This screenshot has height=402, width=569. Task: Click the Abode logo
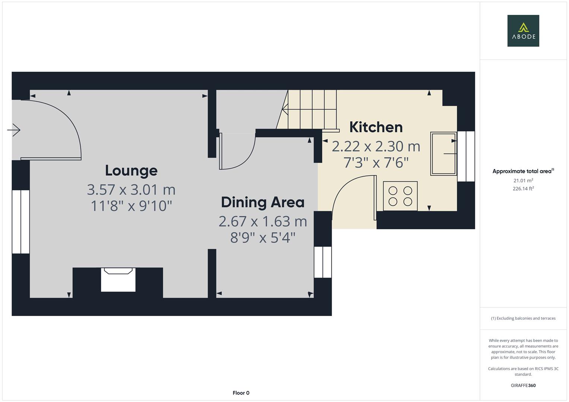click(523, 31)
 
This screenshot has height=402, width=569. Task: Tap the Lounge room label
click(131, 170)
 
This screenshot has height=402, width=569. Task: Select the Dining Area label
click(263, 202)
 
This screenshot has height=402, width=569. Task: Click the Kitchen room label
click(376, 127)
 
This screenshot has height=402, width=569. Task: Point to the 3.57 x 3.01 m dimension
click(131, 190)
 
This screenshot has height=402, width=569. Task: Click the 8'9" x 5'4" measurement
click(263, 237)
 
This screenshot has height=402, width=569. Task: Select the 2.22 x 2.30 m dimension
click(376, 146)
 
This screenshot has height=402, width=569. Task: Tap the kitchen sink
click(443, 153)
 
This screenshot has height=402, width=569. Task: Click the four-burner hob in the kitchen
click(400, 196)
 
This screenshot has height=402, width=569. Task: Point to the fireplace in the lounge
click(118, 280)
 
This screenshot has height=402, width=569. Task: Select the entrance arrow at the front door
click(14, 130)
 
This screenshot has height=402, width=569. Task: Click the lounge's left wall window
click(21, 222)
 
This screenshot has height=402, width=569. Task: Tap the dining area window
click(323, 262)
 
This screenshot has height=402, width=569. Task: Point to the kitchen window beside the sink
click(466, 156)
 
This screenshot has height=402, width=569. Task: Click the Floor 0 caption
click(241, 393)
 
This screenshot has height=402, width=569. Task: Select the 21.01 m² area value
click(523, 181)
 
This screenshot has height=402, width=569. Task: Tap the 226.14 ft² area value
click(523, 189)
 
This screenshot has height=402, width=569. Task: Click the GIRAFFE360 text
click(523, 385)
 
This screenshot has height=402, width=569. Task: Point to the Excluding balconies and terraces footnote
click(523, 318)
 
